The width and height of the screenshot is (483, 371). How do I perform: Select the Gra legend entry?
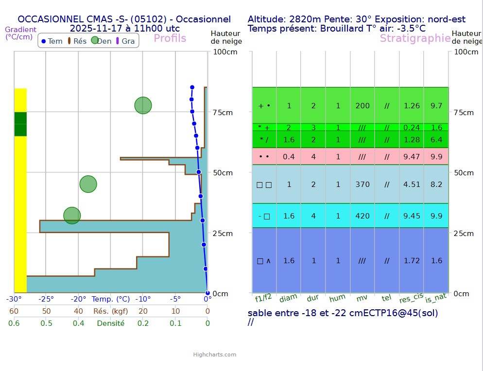tap(125, 41)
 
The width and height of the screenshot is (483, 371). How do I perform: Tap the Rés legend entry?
tap(77, 41)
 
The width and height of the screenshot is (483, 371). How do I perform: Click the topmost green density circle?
tap(143, 105)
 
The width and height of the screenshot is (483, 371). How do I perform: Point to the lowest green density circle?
tap(72, 215)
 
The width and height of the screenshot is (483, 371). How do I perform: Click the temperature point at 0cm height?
tap(207, 293)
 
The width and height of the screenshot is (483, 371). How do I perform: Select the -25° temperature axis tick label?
tap(46, 299)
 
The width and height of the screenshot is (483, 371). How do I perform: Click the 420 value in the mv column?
tap(362, 216)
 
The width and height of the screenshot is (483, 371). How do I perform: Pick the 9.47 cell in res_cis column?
tap(412, 157)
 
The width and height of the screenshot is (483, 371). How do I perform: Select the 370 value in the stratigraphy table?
tap(362, 185)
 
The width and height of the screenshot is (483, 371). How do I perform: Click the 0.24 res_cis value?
tap(412, 128)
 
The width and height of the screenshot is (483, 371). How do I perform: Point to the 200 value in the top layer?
tap(362, 106)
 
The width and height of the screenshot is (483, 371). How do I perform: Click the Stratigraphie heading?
tap(415, 38)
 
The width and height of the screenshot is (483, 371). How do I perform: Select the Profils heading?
tap(170, 38)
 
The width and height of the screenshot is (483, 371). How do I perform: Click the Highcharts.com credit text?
tap(214, 354)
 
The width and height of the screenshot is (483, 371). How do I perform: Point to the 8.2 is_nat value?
tap(436, 185)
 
